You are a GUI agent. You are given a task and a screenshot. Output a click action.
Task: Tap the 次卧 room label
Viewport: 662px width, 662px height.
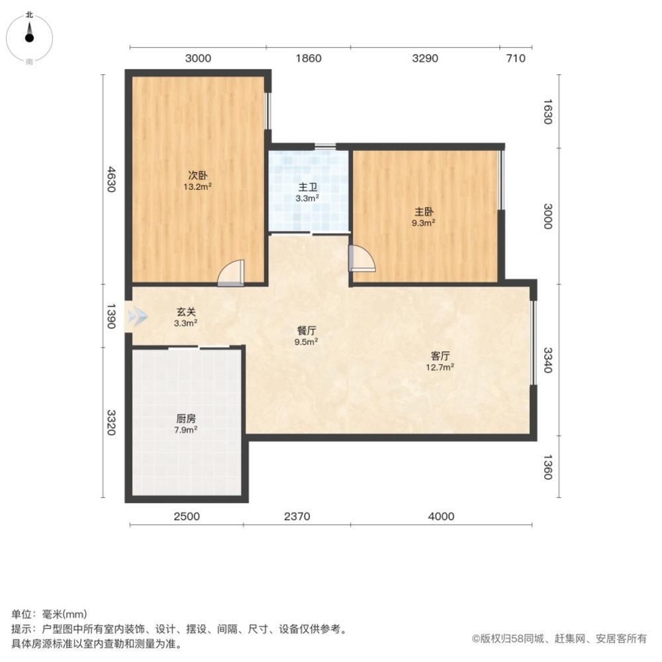[x=198, y=175]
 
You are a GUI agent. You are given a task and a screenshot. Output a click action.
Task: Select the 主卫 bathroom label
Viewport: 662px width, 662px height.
[x=308, y=187]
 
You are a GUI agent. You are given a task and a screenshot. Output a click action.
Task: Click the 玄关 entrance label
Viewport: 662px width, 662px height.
[x=185, y=312]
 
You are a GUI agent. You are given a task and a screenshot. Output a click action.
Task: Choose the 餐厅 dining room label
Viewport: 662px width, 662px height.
[x=307, y=331]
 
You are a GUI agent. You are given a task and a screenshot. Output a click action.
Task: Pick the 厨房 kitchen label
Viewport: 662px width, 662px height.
[x=185, y=418]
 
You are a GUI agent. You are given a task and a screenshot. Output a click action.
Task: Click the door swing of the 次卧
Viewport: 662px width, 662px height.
[x=232, y=273]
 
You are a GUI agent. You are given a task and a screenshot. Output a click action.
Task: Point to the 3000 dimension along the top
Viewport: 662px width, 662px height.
[x=198, y=58]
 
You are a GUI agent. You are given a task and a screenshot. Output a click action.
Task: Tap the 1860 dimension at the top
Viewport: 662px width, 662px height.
[x=308, y=58]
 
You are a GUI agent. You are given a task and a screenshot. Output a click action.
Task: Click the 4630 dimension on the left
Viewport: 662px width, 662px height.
[x=111, y=179]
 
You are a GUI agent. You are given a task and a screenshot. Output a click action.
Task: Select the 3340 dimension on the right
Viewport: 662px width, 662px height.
[x=547, y=359]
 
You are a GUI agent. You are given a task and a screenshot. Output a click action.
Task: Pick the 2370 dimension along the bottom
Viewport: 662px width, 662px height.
[x=297, y=516]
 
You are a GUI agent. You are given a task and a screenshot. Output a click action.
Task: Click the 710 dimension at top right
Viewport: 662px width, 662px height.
[x=515, y=58]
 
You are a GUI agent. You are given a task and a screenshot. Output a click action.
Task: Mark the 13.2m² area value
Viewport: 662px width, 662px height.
[x=198, y=186]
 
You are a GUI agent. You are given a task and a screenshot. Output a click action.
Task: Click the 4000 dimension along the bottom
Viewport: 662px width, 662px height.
[x=441, y=516]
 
